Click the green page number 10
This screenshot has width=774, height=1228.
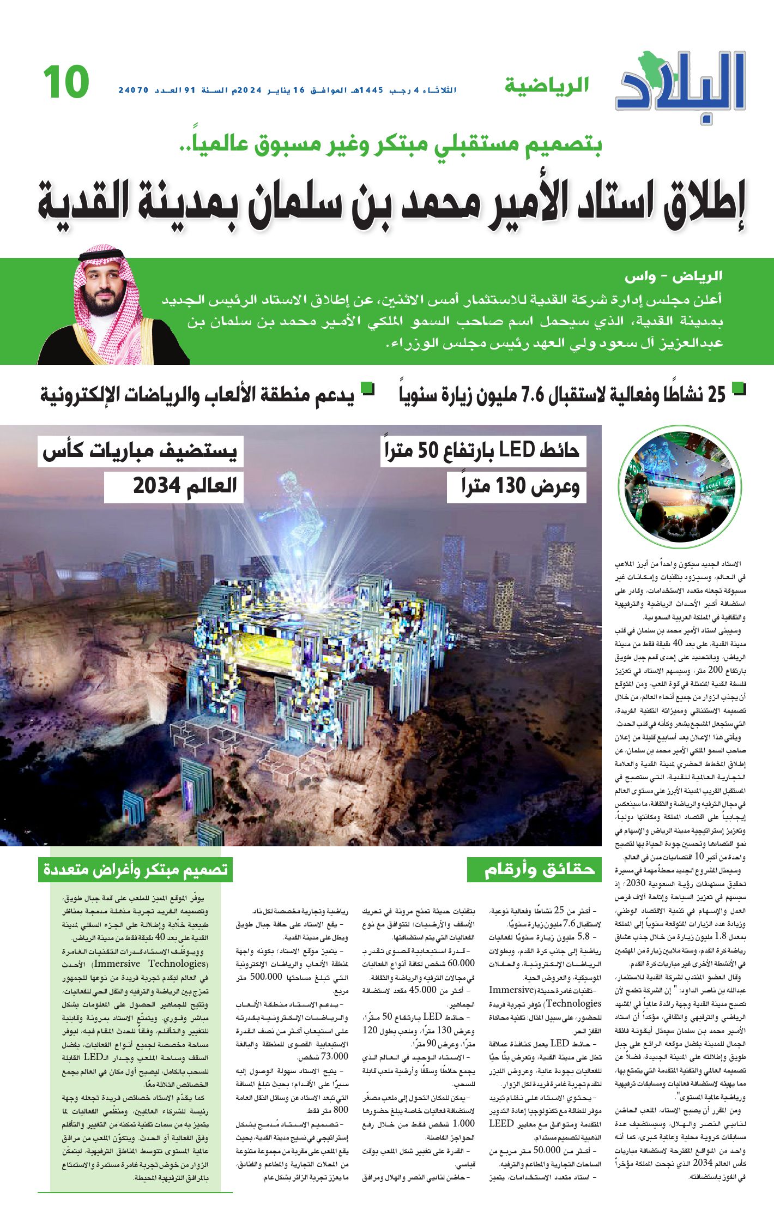point(66,82)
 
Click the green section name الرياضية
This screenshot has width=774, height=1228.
point(547,86)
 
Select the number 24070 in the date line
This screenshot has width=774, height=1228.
point(134,90)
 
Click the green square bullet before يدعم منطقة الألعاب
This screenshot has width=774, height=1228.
point(369,388)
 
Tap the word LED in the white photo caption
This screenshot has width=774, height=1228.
point(517,450)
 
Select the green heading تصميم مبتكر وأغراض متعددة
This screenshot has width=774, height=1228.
point(135,870)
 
